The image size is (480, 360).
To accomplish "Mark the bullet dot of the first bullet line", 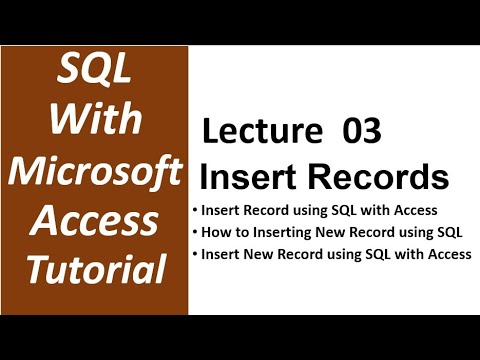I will [x=194, y=213].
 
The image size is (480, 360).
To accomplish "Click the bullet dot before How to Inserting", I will [x=194, y=234].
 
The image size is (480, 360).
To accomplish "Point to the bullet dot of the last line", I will [x=194, y=255].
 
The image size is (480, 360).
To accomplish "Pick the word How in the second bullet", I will [x=215, y=234].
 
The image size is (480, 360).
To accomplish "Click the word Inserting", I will [x=283, y=234].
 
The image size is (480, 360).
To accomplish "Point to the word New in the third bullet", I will [x=257, y=254].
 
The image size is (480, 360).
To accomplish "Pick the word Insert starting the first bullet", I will [x=219, y=212].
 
